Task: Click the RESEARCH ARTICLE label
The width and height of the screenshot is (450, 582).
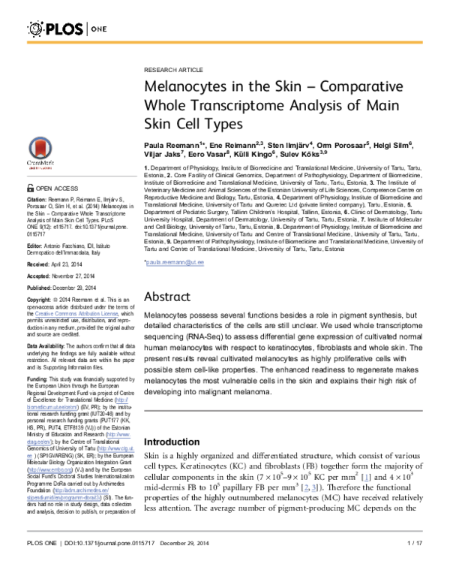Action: [170, 68]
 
